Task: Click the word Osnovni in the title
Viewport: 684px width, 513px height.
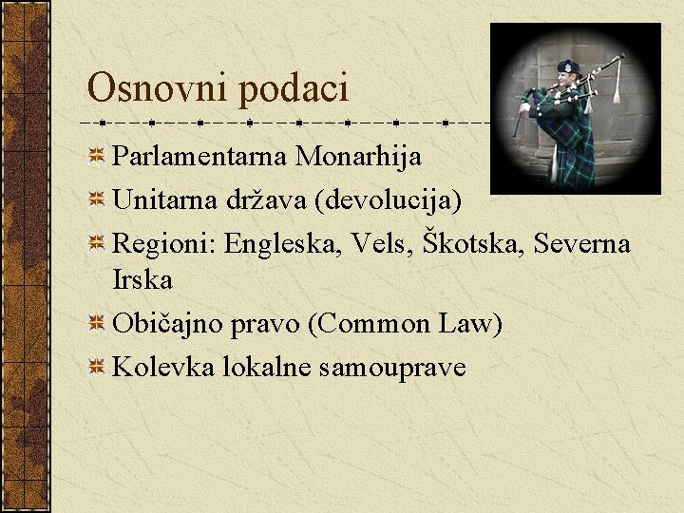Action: click(x=159, y=88)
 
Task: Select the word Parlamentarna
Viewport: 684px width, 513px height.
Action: click(x=200, y=156)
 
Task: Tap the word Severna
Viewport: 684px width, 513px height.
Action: click(x=581, y=244)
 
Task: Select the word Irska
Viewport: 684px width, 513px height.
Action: click(x=142, y=280)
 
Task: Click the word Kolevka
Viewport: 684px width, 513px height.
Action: click(x=163, y=367)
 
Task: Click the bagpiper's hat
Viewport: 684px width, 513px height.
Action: click(x=568, y=67)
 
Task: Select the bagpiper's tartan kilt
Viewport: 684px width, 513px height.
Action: click(x=575, y=161)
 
